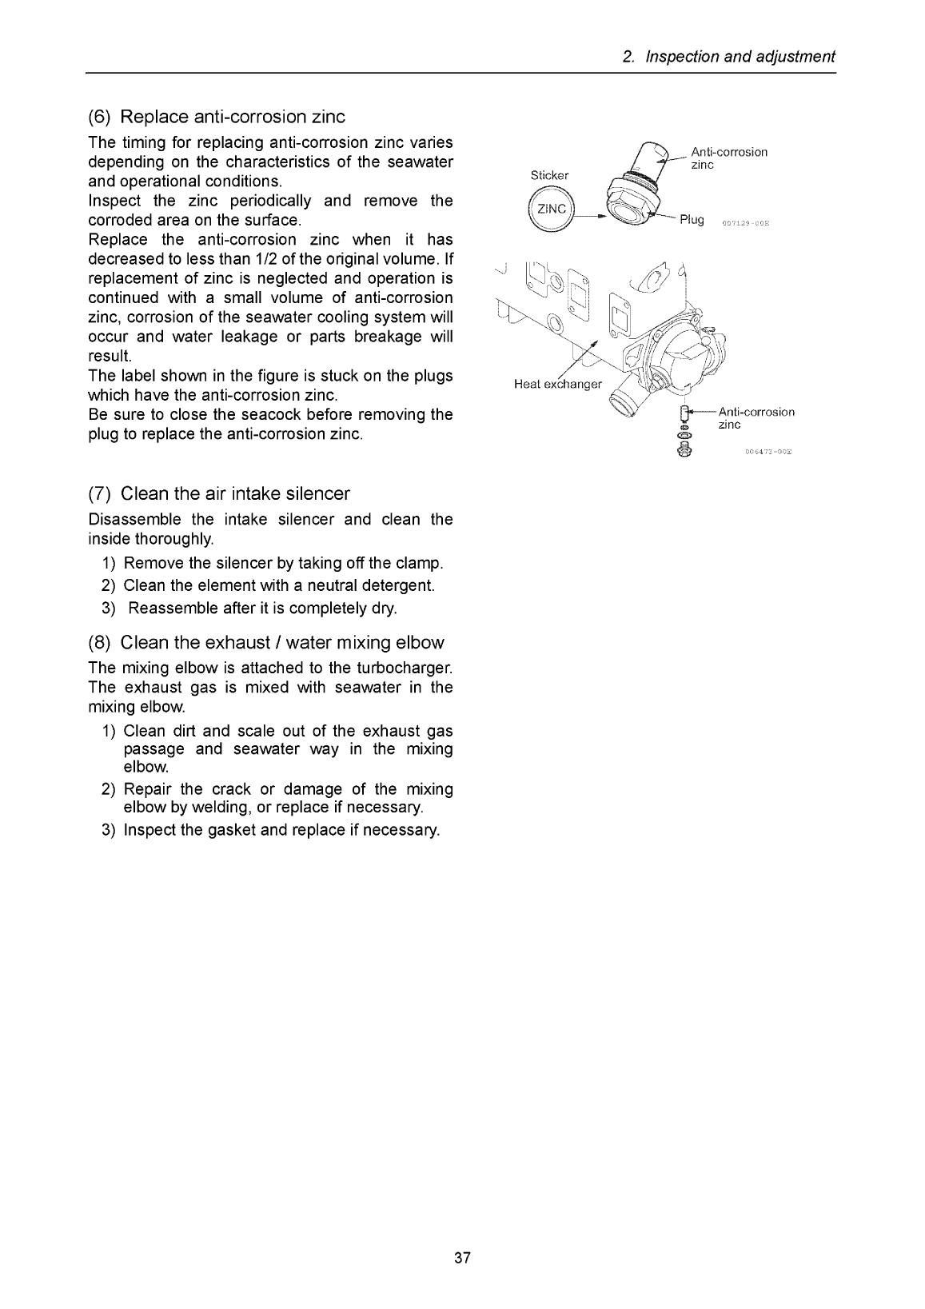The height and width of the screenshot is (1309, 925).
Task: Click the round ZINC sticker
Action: [x=551, y=210]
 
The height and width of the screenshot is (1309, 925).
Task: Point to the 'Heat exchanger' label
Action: [x=557, y=385]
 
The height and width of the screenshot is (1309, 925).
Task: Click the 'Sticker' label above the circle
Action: [x=549, y=175]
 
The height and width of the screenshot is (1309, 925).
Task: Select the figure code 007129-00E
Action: [x=745, y=223]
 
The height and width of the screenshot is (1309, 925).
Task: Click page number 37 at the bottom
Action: [x=462, y=1258]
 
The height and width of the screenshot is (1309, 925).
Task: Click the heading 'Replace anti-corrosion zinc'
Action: [x=232, y=117]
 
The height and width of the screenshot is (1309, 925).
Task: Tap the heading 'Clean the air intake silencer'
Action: [x=234, y=493]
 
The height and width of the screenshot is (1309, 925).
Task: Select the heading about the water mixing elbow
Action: [x=281, y=642]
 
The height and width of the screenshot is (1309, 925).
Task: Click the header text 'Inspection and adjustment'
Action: [x=740, y=57]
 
